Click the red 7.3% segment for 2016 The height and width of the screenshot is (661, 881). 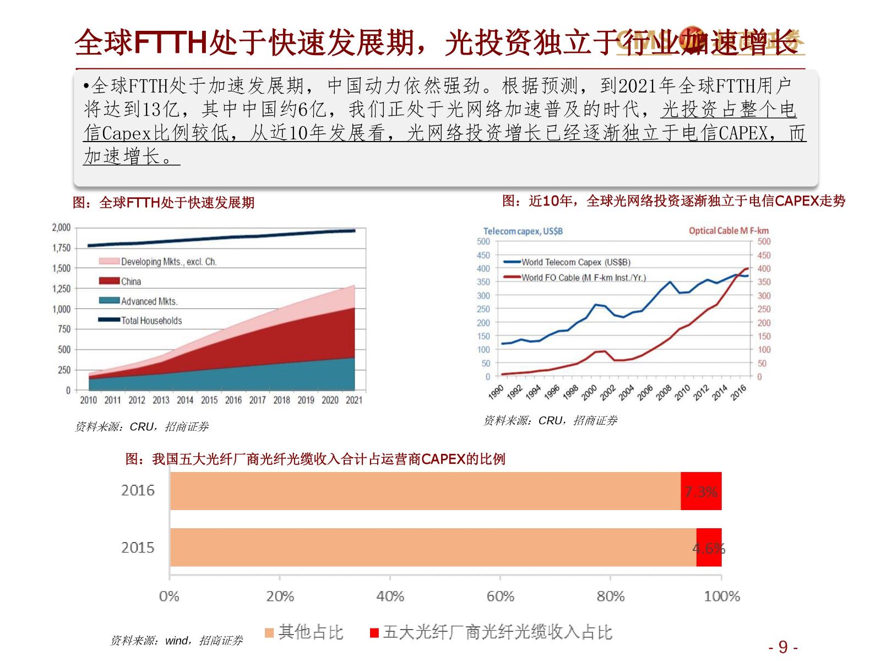(700, 491)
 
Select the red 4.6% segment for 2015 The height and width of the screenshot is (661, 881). (709, 548)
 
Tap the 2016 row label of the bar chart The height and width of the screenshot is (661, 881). (138, 490)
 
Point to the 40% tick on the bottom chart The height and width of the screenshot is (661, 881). (390, 596)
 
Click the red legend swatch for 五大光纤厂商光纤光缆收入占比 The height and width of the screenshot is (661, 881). (374, 633)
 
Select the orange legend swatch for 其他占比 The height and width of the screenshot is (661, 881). (269, 633)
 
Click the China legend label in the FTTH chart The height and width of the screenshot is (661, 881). (131, 281)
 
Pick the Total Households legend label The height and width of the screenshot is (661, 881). (151, 321)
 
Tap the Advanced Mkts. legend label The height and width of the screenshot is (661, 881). (149, 301)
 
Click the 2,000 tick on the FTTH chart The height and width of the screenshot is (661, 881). (61, 227)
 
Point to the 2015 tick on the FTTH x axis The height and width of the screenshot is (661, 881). (209, 400)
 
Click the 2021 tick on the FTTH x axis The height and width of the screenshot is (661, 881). (354, 400)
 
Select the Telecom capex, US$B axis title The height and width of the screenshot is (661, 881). (523, 231)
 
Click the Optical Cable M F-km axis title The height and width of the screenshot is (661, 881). (728, 231)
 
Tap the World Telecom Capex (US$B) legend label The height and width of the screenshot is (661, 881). (576, 262)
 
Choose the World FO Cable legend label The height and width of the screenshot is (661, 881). (584, 278)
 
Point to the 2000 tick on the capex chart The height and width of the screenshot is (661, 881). (589, 392)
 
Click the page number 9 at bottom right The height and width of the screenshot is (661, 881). (783, 647)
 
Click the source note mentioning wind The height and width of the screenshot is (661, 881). (176, 641)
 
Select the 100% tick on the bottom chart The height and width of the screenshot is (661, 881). (722, 596)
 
